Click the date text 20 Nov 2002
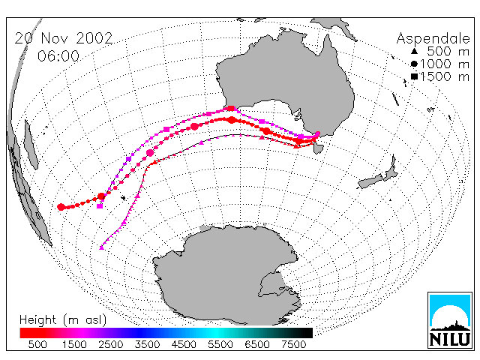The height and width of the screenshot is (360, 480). point(64,38)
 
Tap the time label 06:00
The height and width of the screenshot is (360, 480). point(58,56)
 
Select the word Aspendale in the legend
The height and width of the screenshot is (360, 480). point(433,39)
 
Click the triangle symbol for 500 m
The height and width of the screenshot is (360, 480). point(414,51)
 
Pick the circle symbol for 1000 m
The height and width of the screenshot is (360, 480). point(414,64)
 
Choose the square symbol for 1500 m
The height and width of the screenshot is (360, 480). point(414,76)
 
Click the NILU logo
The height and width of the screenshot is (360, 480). point(450,320)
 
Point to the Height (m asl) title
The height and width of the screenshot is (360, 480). point(63,320)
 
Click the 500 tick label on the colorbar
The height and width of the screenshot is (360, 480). point(37,345)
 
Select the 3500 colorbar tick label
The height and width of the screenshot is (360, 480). point(147,345)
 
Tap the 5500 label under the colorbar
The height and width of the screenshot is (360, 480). point(220,345)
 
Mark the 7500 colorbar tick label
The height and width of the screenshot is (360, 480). point(293,345)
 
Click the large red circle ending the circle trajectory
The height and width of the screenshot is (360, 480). point(61,207)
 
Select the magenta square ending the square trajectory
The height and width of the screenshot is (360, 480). point(100,206)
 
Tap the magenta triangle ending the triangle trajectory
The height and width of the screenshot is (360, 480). point(102,247)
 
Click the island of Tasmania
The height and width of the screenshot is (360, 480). point(318,148)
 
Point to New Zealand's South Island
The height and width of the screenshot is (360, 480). point(370,181)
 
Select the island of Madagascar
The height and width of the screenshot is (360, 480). point(31,145)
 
